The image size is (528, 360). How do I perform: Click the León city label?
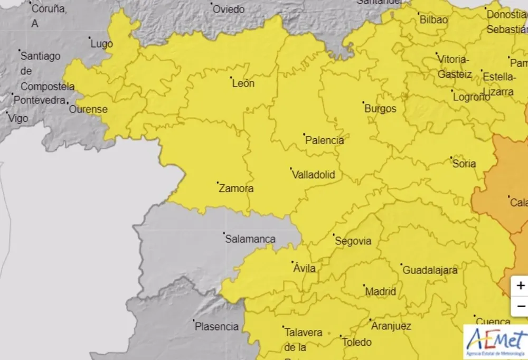(243, 83)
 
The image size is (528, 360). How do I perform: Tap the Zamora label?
(236, 188)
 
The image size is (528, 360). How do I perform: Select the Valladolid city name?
(314, 175)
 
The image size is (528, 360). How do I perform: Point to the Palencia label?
(325, 140)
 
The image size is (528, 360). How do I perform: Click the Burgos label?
(380, 109)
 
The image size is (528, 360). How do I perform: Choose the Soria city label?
(464, 164)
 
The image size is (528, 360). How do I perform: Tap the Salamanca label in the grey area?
(250, 239)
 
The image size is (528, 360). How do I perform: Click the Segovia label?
(353, 241)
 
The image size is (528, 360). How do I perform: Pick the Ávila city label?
(305, 269)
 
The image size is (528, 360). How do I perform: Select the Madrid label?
(381, 291)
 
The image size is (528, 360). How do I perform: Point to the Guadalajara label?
(430, 270)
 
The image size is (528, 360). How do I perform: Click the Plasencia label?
(217, 327)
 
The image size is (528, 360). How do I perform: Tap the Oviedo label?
(229, 10)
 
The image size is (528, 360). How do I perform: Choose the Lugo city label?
(102, 44)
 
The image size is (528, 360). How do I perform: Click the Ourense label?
(89, 110)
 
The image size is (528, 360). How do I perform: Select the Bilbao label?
(433, 20)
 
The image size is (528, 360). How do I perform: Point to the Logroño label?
(472, 97)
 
